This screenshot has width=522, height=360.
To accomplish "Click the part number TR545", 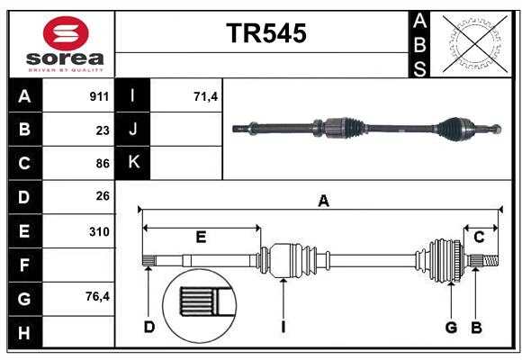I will pos(265,33).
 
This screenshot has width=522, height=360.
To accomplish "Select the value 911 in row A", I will pos(100,96).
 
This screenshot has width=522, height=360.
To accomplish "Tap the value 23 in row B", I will pos(103,130).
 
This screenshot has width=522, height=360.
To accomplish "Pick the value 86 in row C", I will pos(103,164).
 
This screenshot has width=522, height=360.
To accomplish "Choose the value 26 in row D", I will pos(103,196).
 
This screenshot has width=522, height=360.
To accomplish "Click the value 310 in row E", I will pos(100,231).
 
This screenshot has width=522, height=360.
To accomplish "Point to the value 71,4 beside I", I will pos(206,96).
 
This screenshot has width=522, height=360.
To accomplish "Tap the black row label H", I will pos(23,333).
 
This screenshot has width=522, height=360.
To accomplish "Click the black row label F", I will pos(23,265).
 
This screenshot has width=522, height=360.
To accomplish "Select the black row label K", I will pos(133,163).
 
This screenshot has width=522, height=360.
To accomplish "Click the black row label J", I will pos(133,130).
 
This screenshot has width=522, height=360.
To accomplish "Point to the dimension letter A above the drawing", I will pos(323,202).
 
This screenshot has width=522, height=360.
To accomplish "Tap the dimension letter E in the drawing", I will pos(201,237).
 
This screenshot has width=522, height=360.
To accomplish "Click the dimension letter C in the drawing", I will pos(479,237).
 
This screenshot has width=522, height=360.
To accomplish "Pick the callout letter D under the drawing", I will pos(149,327).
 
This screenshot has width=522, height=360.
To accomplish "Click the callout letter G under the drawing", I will pos(452,327).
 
